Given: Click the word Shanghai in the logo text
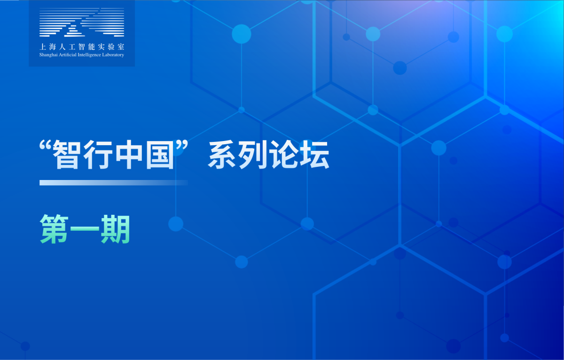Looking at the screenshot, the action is click(x=48, y=55).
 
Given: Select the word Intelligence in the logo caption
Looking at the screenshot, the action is click(x=89, y=55).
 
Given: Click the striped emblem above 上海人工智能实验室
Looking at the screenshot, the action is click(x=82, y=22).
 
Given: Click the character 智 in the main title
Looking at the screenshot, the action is click(x=66, y=154).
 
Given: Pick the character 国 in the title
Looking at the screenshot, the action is click(x=160, y=154).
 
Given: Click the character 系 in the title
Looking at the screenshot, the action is click(x=222, y=154).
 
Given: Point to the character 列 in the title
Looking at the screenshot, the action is click(x=252, y=154).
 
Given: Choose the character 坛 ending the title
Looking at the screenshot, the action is click(x=315, y=154).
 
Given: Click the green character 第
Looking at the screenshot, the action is click(x=54, y=229).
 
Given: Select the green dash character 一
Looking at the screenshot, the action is click(x=85, y=229).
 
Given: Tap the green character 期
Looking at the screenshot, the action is click(x=115, y=229).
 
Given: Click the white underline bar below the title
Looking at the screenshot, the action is click(x=114, y=183).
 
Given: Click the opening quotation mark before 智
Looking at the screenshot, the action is click(x=46, y=146).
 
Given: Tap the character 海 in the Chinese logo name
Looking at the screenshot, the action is click(x=52, y=47).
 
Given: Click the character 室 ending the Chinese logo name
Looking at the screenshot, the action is click(x=121, y=47).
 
